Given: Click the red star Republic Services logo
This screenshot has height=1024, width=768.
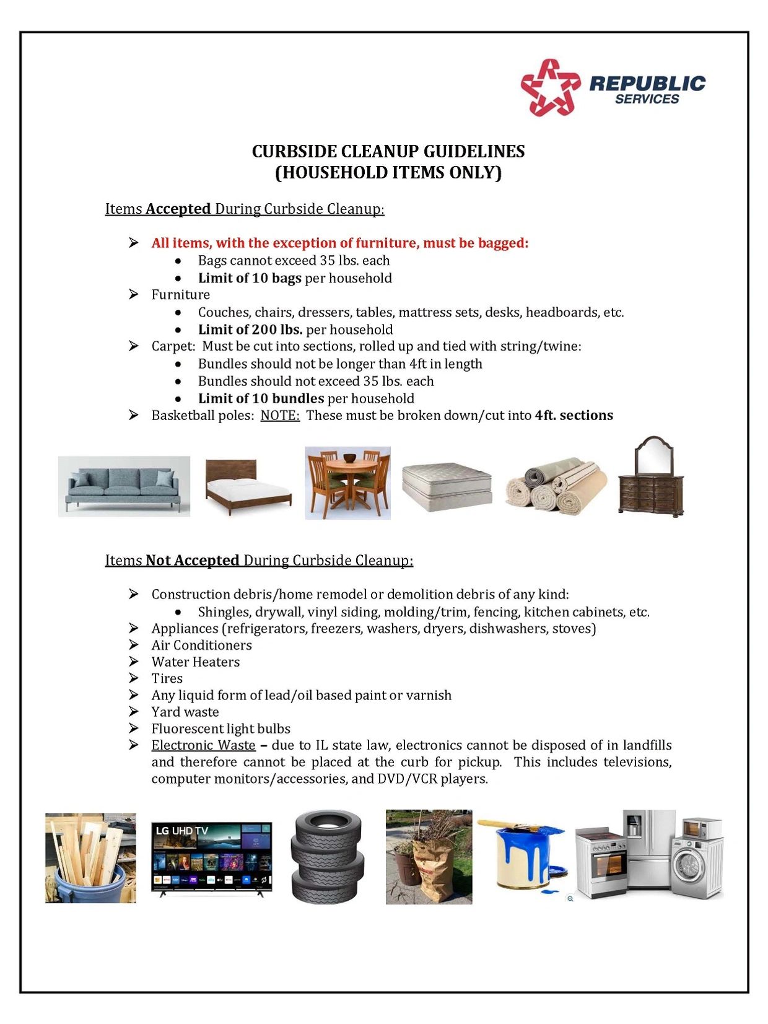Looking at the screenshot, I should click(x=549, y=87).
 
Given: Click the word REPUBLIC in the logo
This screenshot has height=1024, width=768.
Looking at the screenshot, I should click(x=647, y=83).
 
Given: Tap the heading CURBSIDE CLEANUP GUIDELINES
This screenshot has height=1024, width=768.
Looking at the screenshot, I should click(x=388, y=152).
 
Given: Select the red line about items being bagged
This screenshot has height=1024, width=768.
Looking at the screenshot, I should click(x=340, y=243).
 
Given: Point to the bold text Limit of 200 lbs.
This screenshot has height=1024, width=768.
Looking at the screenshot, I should click(x=250, y=330).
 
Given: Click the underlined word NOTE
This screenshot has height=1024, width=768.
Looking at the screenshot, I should click(x=280, y=415).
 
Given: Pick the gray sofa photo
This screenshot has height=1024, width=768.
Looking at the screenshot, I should click(x=124, y=486).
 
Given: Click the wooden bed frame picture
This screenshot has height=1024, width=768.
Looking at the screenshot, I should click(x=248, y=486).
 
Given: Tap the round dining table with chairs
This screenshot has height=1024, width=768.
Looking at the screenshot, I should click(x=347, y=483).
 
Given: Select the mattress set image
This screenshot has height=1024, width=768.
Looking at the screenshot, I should click(x=447, y=487).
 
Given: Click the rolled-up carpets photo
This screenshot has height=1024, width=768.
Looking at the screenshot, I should click(x=556, y=486).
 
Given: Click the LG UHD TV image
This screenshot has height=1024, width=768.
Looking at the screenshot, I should click(x=211, y=859).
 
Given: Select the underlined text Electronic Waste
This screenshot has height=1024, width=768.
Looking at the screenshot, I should click(x=203, y=745).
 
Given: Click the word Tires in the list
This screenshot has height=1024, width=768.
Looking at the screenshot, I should click(x=167, y=678).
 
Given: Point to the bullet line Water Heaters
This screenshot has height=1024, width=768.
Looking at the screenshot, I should click(x=195, y=662).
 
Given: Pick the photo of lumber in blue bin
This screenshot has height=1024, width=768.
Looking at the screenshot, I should click(x=90, y=858).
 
